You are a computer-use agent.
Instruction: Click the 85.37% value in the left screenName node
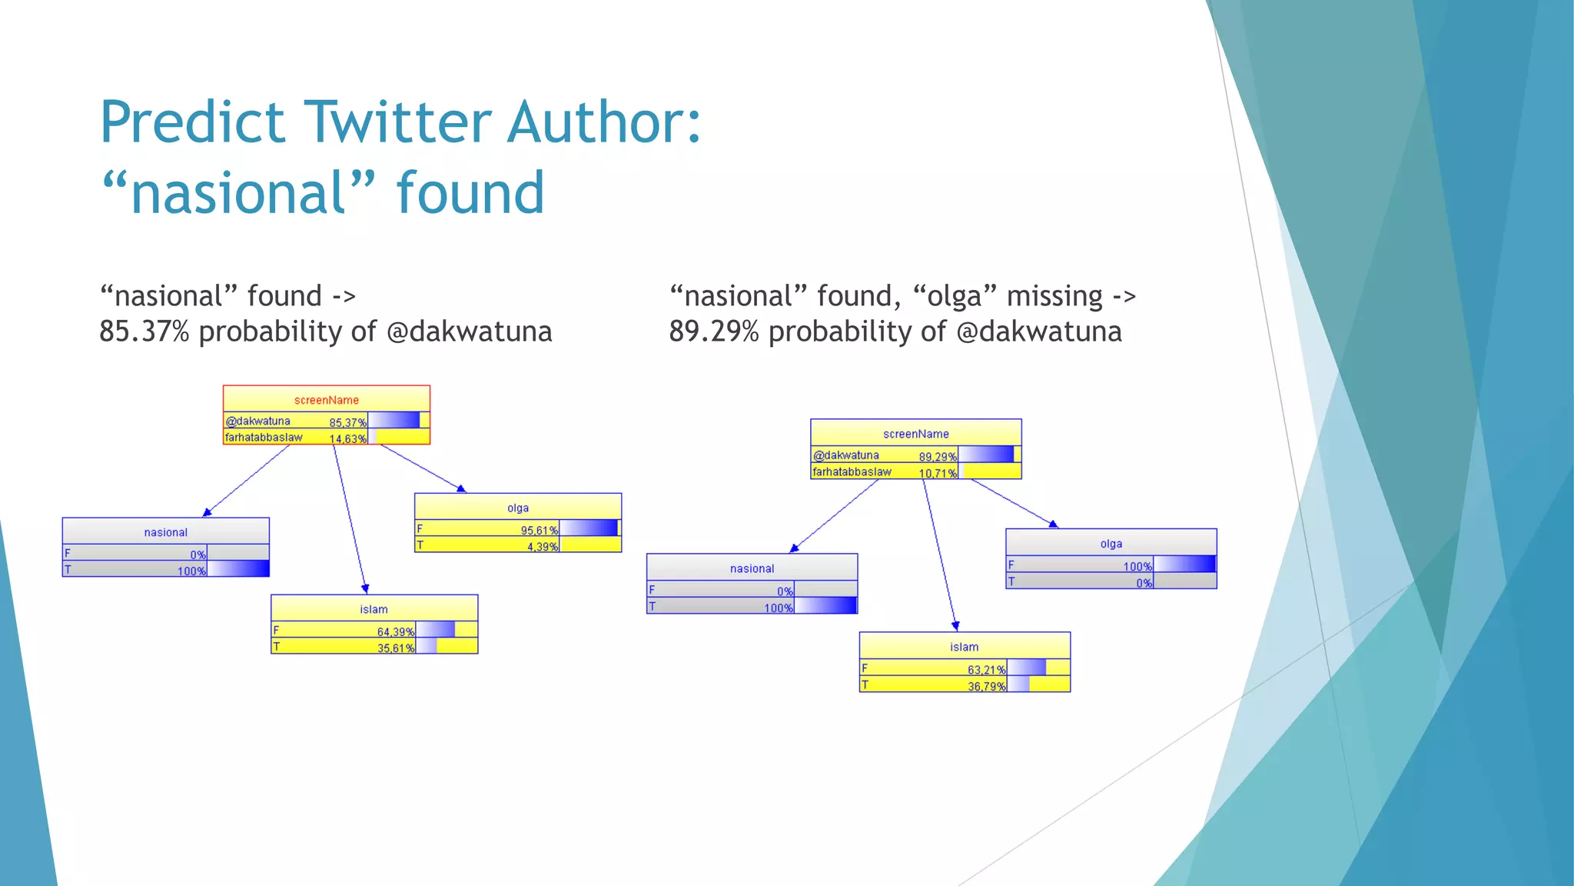tap(347, 422)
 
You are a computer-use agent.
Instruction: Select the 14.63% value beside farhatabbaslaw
tap(347, 438)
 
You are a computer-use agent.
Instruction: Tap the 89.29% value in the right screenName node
tap(937, 456)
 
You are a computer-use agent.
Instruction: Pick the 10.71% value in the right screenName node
tap(937, 473)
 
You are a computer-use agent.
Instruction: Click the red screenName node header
tap(326, 400)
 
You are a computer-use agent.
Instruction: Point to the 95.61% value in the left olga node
tap(539, 530)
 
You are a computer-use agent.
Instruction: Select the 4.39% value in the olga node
tap(542, 546)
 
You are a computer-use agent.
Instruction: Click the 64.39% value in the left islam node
tap(395, 631)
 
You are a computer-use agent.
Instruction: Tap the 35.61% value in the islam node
tap(395, 648)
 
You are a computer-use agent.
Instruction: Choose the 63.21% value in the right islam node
tap(986, 669)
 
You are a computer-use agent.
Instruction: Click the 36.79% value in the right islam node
tap(986, 686)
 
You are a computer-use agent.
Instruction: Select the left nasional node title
tap(165, 532)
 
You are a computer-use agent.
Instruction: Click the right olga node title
tap(1111, 544)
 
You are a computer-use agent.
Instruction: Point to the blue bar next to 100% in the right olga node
tap(1184, 565)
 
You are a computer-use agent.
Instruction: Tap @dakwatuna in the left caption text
tap(469, 331)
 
